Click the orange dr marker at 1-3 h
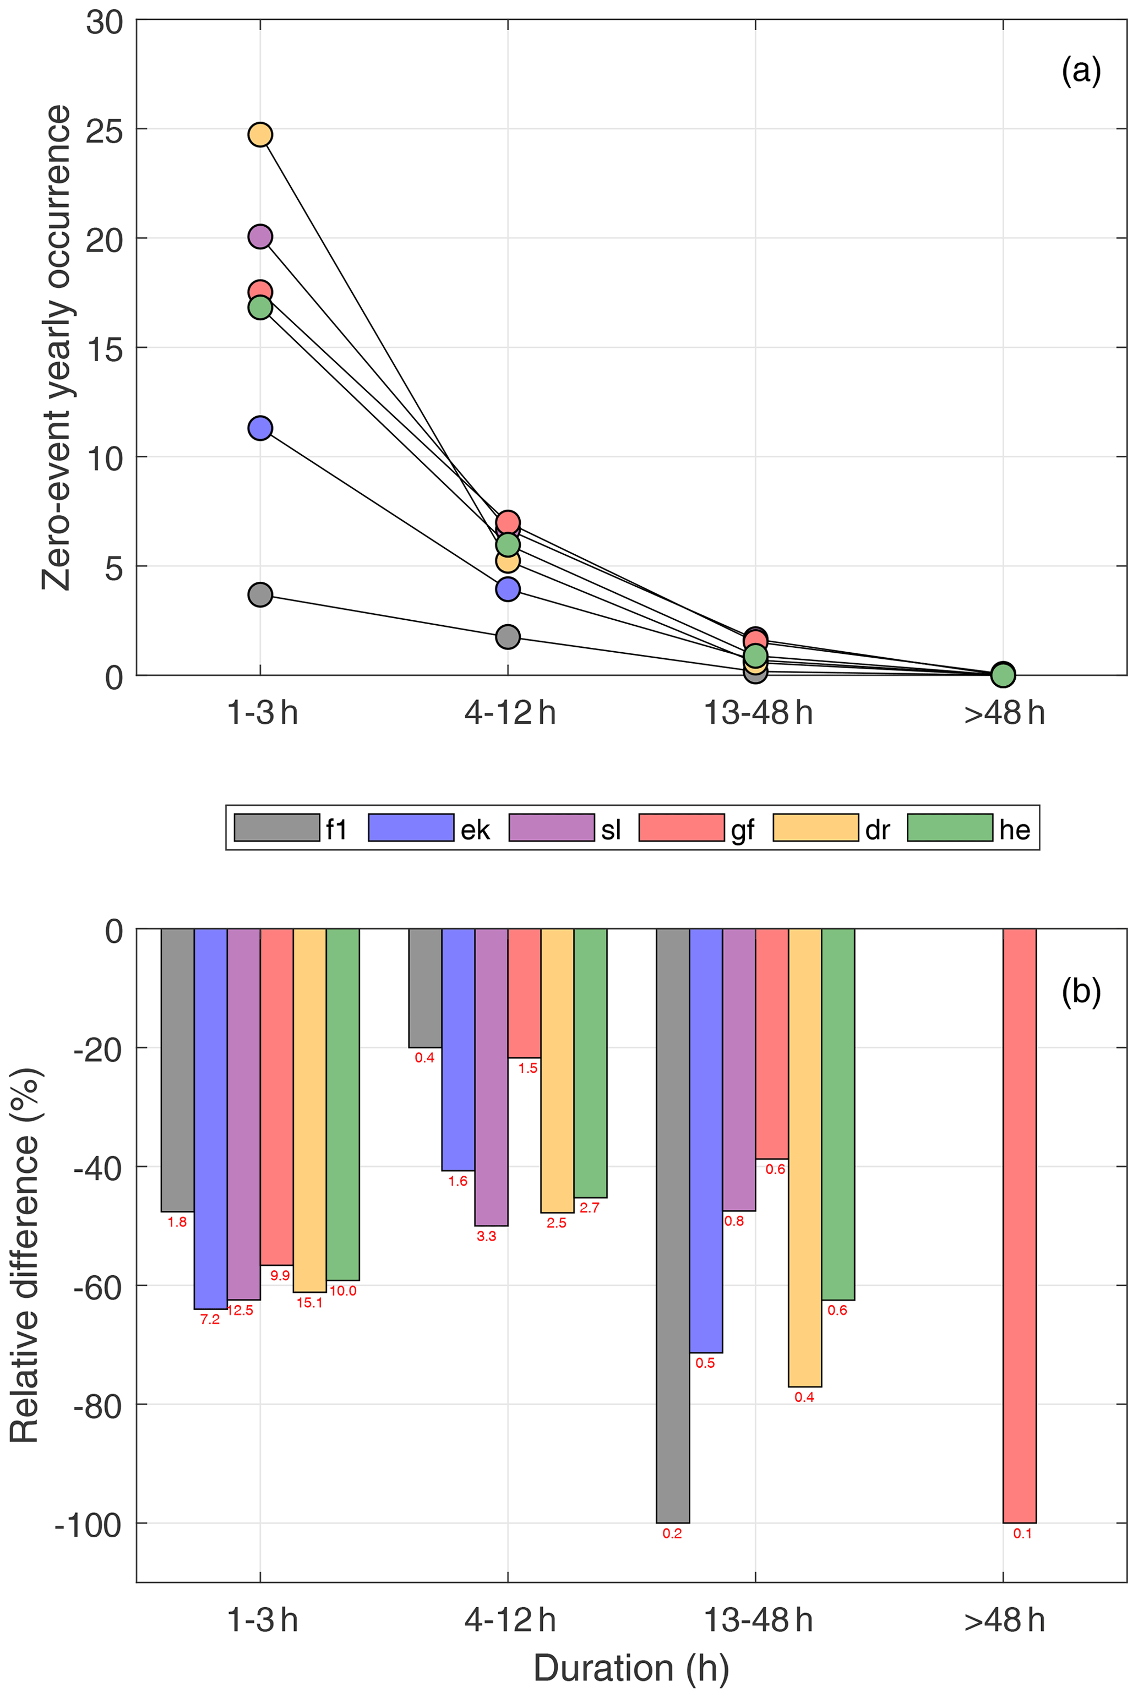click(260, 134)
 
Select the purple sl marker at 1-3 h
click(260, 237)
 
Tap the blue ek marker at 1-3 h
click(260, 428)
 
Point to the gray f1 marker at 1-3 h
click(260, 595)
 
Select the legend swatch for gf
click(681, 828)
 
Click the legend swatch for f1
click(276, 828)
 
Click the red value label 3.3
click(486, 1236)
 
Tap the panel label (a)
click(1081, 71)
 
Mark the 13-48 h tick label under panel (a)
click(758, 714)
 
